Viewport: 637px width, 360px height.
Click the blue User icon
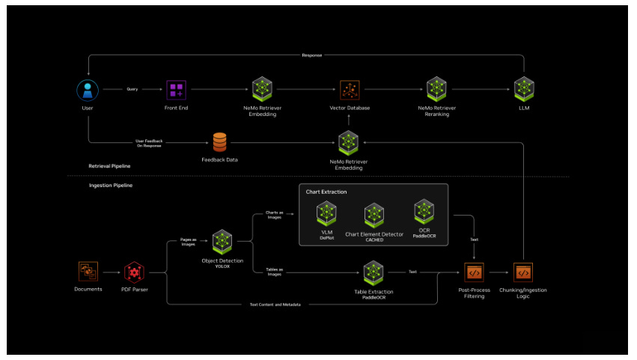(88, 91)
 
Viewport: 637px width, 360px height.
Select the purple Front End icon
(177, 91)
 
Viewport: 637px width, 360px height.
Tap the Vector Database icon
(350, 91)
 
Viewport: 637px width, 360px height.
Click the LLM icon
(524, 88)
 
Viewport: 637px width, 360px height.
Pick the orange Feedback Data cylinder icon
(219, 141)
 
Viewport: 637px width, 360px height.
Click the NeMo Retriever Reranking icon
(437, 88)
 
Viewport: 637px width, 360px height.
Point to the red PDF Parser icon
(135, 271)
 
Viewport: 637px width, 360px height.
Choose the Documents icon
(88, 271)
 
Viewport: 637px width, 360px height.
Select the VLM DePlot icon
(326, 213)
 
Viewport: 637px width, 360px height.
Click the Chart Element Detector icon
(374, 216)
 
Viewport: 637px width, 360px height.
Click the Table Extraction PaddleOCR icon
(374, 272)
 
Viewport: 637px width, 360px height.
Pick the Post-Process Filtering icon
(474, 272)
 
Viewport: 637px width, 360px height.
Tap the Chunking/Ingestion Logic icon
(523, 272)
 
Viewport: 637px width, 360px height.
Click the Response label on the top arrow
(312, 55)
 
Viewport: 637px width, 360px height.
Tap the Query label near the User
(132, 90)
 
